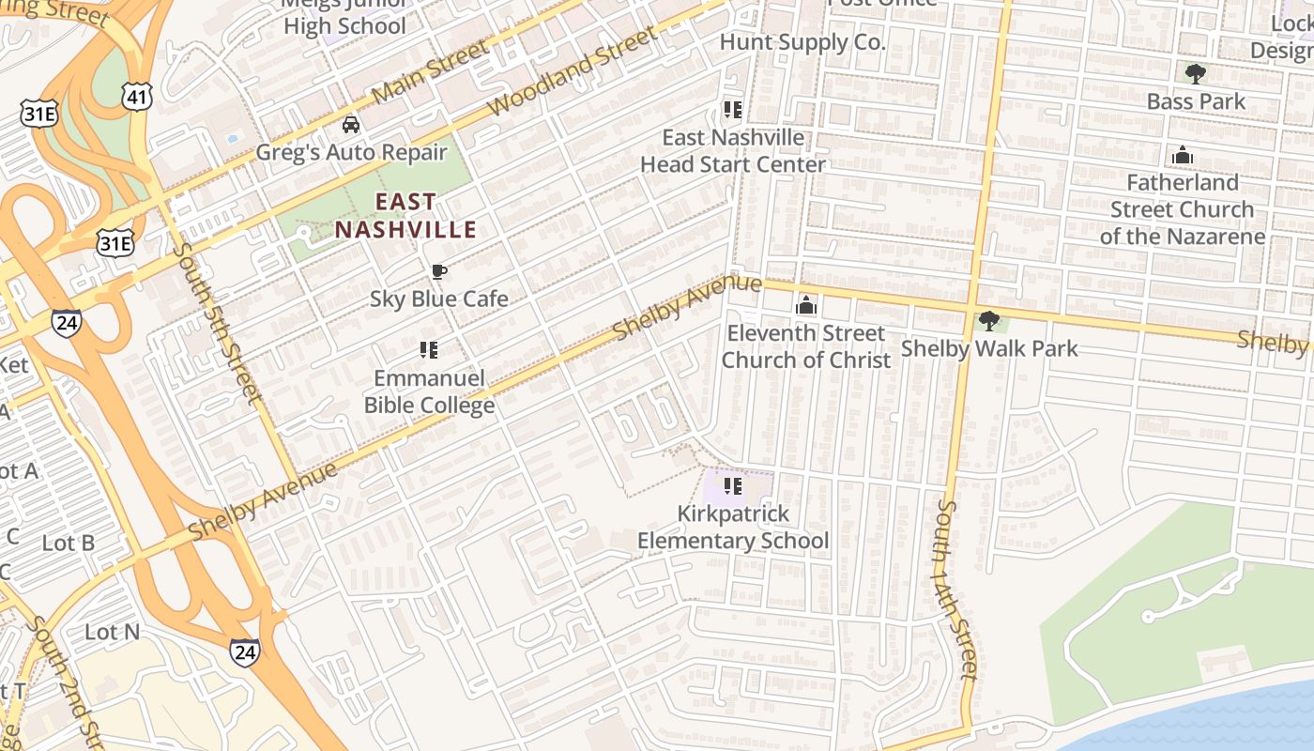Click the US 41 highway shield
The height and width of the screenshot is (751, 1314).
coord(137,96)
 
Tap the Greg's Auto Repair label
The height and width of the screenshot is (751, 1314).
coord(351,152)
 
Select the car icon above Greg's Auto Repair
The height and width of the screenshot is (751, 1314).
coord(350,124)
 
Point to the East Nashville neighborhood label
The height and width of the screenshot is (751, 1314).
coord(405,216)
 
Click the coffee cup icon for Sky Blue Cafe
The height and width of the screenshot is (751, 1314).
coord(438,272)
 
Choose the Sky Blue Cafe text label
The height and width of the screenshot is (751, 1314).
coord(438,299)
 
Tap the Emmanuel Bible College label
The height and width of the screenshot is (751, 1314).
coord(429,391)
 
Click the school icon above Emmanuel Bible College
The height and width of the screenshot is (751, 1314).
coord(429,350)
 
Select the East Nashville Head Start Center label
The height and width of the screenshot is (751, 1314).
coord(733,150)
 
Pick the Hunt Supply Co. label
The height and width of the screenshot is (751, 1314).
coord(802,42)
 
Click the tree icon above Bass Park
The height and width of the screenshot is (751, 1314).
coord(1195,73)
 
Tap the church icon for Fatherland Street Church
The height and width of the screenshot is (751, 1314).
coord(1183,155)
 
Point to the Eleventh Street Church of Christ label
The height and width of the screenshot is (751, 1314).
coord(806,346)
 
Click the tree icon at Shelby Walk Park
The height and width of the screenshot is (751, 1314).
coord(988,321)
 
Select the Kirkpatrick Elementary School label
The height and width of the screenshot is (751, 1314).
coord(733,528)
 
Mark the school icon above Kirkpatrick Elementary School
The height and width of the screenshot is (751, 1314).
coord(733,486)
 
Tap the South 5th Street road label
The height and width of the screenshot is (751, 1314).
coord(217,323)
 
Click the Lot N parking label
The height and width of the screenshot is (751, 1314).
coord(112,632)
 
